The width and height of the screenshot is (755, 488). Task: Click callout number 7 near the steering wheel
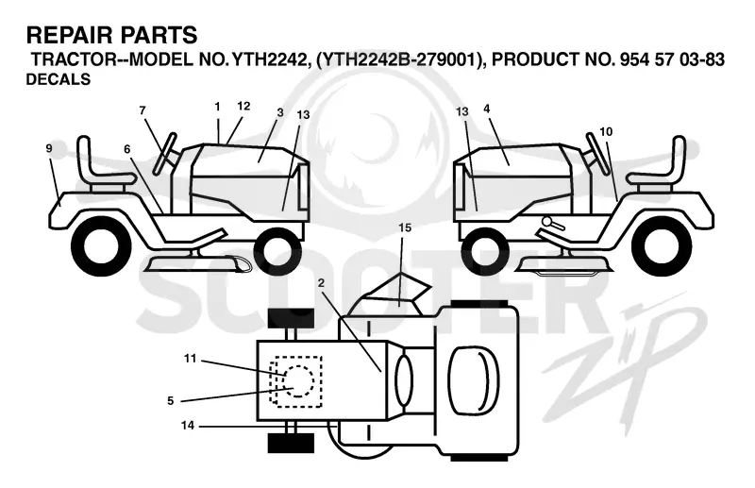(x=143, y=110)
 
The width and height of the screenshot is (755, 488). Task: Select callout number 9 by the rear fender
(x=49, y=148)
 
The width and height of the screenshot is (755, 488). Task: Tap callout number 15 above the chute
(x=405, y=227)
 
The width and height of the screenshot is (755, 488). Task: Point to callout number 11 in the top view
(x=191, y=359)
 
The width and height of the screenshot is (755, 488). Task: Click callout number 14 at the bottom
(x=188, y=426)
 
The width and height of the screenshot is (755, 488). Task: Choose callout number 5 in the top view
(x=171, y=401)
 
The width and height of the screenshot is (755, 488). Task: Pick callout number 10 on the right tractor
(x=606, y=131)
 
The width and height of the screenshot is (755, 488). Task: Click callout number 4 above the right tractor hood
(x=486, y=109)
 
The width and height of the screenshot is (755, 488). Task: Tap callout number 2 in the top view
(x=321, y=283)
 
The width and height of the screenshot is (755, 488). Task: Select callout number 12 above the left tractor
(x=243, y=106)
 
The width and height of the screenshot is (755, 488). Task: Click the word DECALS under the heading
(x=59, y=79)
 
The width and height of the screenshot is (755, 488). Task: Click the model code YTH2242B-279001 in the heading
(x=400, y=59)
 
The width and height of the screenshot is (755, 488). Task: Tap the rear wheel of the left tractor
(x=101, y=245)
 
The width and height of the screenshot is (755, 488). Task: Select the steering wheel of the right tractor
(x=597, y=153)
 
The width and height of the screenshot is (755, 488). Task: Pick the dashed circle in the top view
(x=297, y=381)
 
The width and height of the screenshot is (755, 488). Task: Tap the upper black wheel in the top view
(x=291, y=317)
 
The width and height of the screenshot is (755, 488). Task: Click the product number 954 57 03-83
(x=672, y=59)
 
